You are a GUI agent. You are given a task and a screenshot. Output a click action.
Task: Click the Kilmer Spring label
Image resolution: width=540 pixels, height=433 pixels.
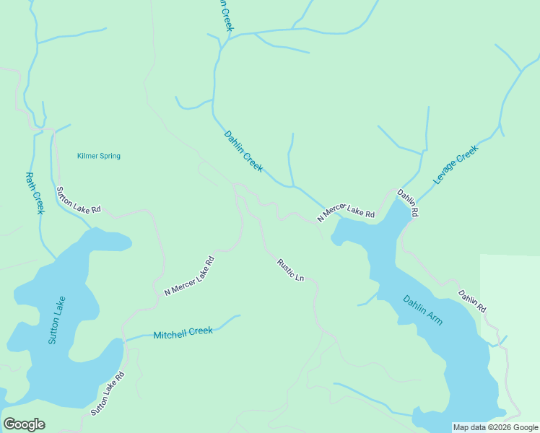click(99, 156)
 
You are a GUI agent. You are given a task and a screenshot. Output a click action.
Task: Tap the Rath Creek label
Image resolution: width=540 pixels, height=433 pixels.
click(35, 193)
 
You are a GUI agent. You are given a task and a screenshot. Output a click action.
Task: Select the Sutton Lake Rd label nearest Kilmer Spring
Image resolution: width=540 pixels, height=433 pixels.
click(78, 201)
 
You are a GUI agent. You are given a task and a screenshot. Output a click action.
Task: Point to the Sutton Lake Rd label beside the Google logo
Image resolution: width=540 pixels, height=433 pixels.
click(108, 393)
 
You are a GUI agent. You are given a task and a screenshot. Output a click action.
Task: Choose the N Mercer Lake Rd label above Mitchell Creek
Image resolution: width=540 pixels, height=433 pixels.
click(190, 276)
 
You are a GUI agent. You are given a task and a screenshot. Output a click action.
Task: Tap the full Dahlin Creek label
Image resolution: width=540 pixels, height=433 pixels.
click(243, 151)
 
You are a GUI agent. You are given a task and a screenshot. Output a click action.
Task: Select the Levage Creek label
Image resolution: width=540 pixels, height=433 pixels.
click(456, 164)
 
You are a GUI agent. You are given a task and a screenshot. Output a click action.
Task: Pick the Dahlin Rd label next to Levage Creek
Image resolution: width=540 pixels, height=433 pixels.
click(408, 204)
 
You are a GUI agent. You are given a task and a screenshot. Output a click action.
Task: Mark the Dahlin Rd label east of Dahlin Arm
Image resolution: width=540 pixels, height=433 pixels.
click(472, 301)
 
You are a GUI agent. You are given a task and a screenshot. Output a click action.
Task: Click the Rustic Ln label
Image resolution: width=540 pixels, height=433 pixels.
click(290, 270)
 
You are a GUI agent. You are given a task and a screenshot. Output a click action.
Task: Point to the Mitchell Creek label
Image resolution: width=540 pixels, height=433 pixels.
click(183, 333)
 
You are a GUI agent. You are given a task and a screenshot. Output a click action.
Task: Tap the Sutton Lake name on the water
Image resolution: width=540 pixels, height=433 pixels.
click(57, 320)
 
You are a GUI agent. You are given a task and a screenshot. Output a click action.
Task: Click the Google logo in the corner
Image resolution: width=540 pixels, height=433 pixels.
click(24, 424)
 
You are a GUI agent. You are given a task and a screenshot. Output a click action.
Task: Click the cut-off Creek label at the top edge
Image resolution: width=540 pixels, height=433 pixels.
click(227, 16)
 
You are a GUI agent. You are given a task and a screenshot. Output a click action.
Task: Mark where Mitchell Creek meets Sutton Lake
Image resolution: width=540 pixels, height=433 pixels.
click(125, 339)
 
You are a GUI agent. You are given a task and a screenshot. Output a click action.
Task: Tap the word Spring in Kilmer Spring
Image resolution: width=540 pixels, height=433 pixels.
click(110, 156)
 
